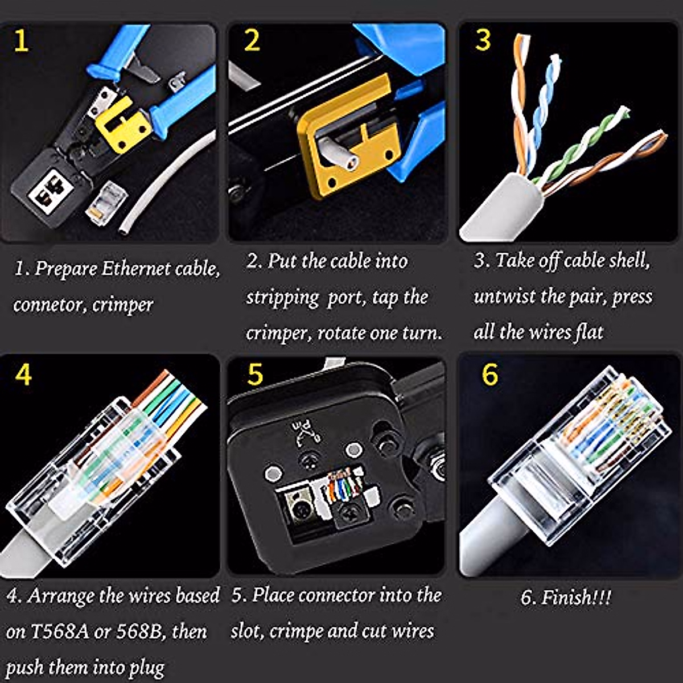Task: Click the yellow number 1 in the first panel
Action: pos(20,41)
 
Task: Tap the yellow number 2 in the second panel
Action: pos(252,40)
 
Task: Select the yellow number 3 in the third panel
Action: pos(483,40)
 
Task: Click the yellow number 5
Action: pos(255,375)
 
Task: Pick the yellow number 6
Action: pos(489,374)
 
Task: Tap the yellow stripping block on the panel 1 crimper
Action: pos(122,123)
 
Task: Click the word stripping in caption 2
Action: pos(282,298)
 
